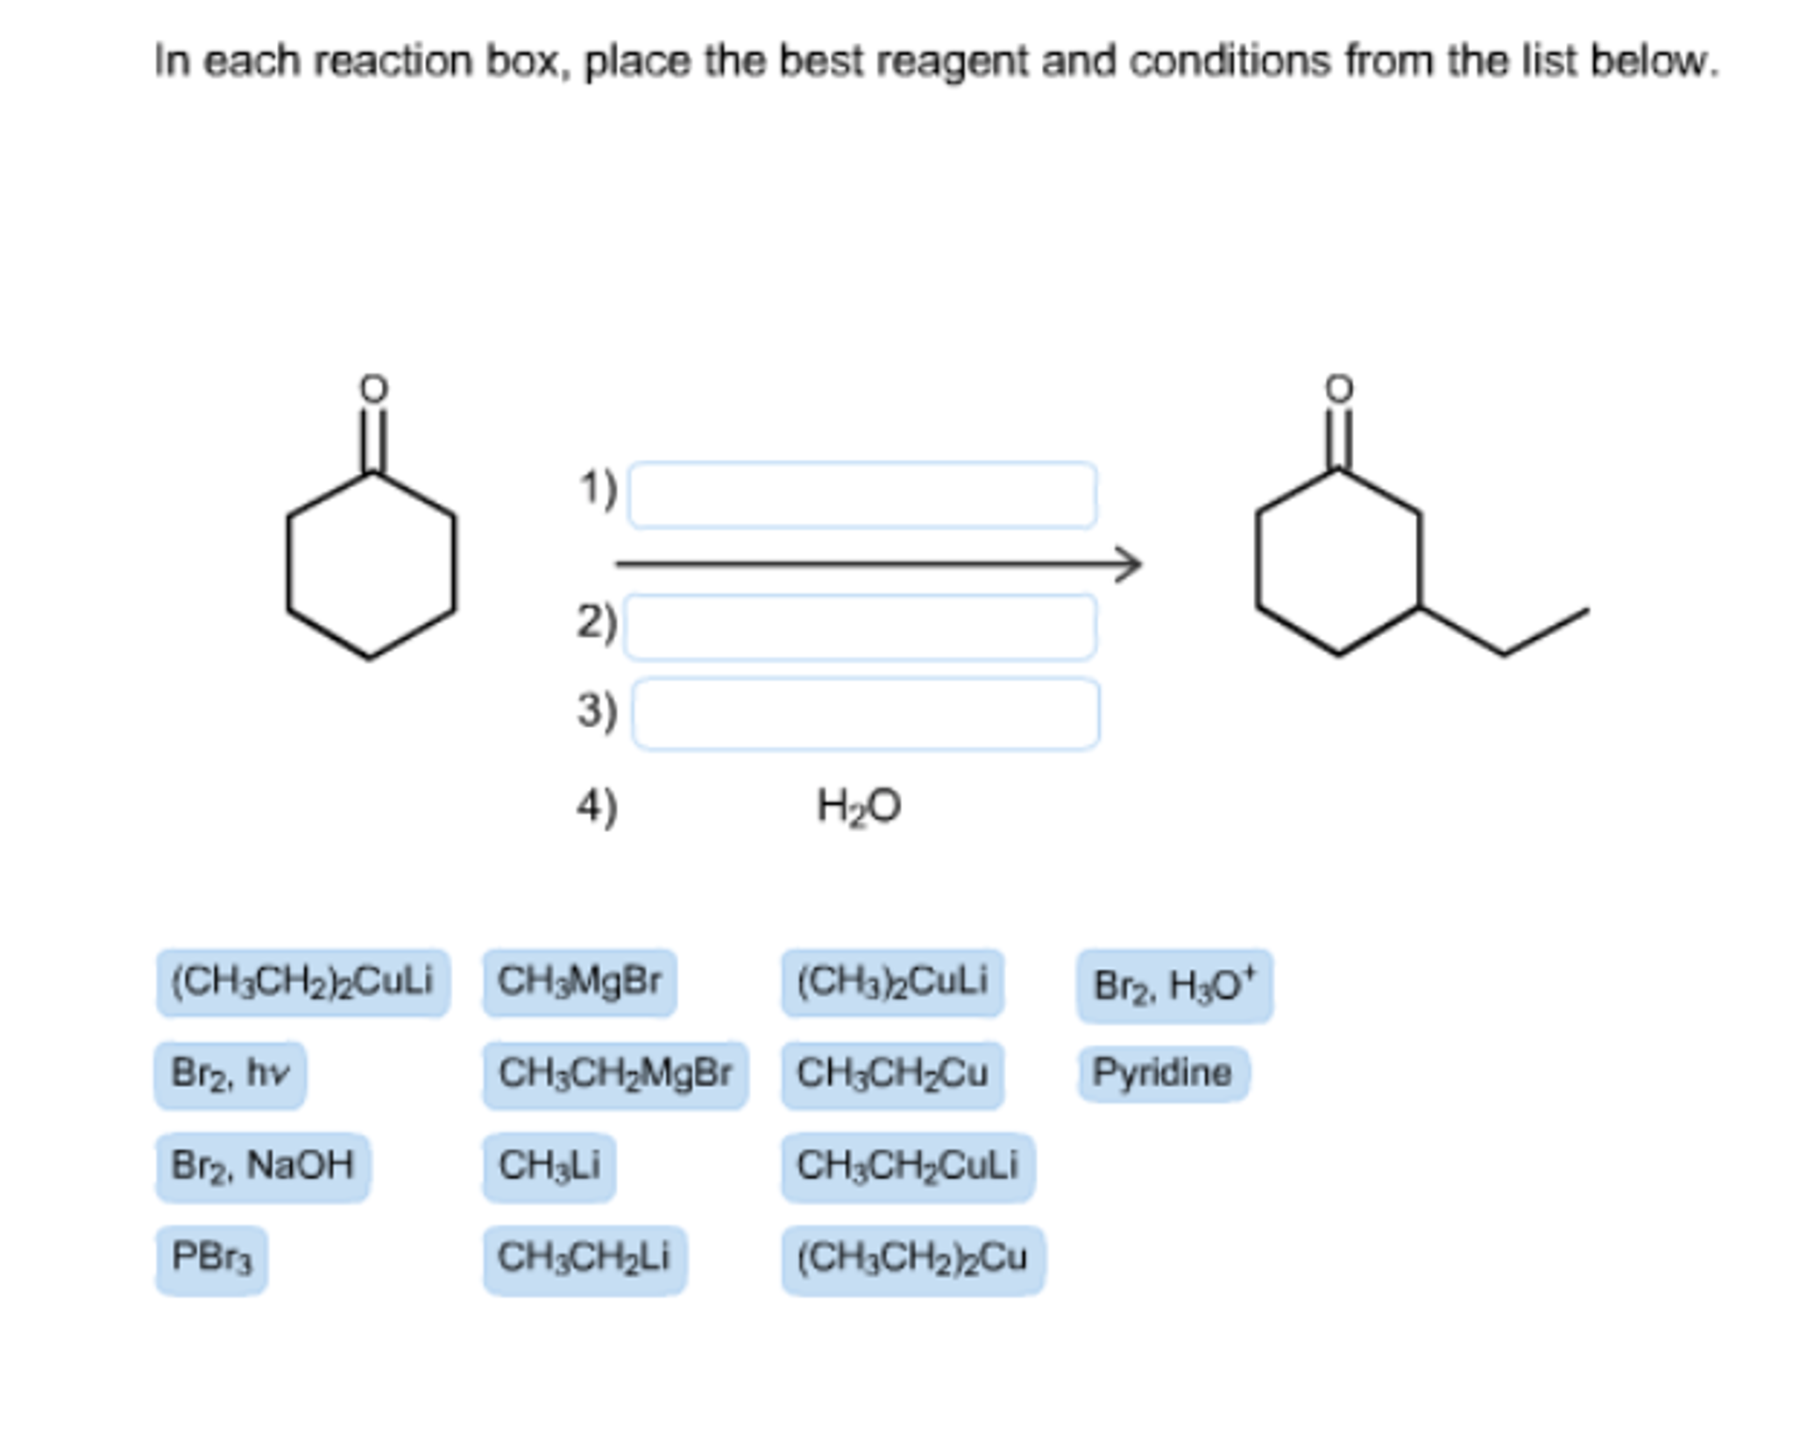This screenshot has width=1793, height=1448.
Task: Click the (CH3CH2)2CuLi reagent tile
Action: (x=302, y=982)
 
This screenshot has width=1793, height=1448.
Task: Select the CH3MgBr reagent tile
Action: (x=579, y=982)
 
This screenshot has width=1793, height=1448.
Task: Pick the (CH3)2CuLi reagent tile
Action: (x=892, y=982)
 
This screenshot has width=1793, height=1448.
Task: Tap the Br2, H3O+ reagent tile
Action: (x=1173, y=985)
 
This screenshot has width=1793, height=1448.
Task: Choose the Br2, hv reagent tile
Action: (x=230, y=1074)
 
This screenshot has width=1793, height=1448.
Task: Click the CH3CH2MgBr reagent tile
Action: (x=614, y=1074)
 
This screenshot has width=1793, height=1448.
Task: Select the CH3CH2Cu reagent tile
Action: (x=892, y=1074)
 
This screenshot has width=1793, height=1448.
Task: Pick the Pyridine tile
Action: (x=1162, y=1073)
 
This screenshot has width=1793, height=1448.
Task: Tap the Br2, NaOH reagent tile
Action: (x=262, y=1166)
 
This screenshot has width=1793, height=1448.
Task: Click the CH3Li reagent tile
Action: (x=549, y=1166)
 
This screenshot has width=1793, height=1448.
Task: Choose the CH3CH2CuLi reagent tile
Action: (x=907, y=1166)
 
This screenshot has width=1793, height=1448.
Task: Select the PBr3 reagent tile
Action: (x=211, y=1259)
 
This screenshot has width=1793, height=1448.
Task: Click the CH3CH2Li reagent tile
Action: (x=584, y=1259)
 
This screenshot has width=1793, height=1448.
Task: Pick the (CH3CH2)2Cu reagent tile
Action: (x=911, y=1259)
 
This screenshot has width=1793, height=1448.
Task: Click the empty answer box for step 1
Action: (x=862, y=495)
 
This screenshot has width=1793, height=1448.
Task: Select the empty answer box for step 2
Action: (x=860, y=626)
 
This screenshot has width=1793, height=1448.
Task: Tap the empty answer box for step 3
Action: (x=866, y=713)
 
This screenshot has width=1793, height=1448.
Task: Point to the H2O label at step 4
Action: (x=858, y=806)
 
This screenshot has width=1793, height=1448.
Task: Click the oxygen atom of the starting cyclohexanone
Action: (x=374, y=388)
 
